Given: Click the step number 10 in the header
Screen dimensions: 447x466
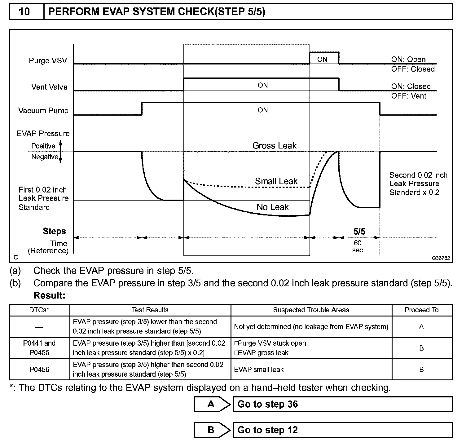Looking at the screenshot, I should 24,12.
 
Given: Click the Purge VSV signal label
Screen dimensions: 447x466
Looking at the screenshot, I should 48,60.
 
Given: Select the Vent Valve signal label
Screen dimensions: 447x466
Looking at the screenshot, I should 49,87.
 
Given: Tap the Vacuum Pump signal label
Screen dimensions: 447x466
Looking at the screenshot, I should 43,111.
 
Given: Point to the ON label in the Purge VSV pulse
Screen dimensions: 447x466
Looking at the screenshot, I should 322,60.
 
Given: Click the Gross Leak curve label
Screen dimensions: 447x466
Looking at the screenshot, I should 274,146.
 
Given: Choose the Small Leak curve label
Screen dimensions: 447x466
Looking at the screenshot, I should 276,181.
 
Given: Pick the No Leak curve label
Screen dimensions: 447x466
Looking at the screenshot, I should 272,207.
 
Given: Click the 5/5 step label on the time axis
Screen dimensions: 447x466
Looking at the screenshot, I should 359,231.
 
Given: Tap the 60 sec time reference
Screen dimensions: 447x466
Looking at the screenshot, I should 358,246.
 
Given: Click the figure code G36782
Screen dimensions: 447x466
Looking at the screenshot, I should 441,258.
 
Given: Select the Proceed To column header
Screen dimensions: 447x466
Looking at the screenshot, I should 421,310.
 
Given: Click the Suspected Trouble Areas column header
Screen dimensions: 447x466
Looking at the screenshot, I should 311,310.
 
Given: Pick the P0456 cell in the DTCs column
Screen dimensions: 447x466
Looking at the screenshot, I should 39,370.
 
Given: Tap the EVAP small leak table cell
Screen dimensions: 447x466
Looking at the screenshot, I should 259,370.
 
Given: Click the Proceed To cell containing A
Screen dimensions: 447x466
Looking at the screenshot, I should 421,327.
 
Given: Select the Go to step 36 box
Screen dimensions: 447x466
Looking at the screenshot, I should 342,404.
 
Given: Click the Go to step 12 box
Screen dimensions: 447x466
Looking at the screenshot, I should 342,430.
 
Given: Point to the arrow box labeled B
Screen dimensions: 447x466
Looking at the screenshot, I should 212,430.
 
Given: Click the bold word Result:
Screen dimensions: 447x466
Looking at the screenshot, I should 49,295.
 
